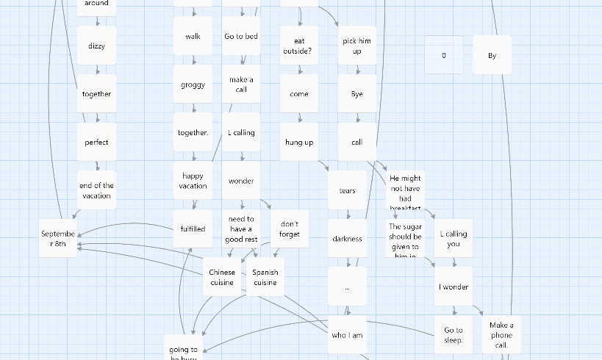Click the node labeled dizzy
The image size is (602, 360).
[96, 46]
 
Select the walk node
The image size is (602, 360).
[193, 36]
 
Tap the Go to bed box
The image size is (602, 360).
[241, 36]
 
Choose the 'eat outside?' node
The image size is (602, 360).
[299, 46]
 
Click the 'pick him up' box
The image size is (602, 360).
[357, 46]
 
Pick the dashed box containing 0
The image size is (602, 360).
[444, 55]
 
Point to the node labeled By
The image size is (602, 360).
[492, 55]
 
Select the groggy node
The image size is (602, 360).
[193, 84]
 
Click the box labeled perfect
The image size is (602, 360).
[96, 142]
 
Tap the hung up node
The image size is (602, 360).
[299, 142]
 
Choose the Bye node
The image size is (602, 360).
[357, 94]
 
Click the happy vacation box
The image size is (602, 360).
[193, 181]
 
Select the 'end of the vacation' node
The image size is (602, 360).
[96, 190]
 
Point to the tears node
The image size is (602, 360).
[347, 190]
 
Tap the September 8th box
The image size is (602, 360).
[58, 238]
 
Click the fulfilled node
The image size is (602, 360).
[193, 228]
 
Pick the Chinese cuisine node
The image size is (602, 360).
[221, 277]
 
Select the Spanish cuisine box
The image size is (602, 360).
[265, 277]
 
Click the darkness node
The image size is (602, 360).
[347, 238]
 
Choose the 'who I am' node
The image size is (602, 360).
[347, 335]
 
